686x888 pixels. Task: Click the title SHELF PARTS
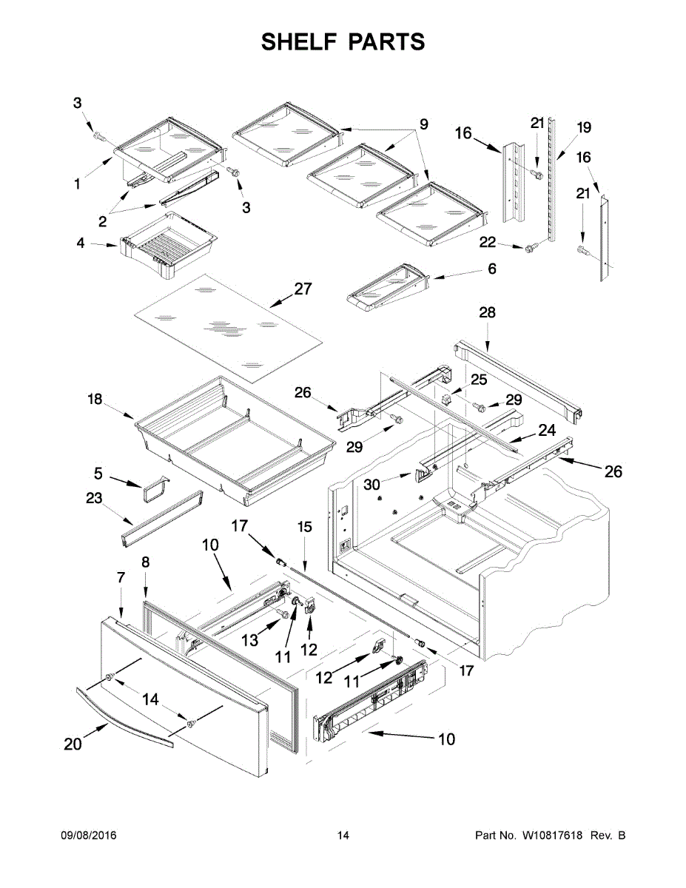click(343, 42)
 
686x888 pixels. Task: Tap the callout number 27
click(303, 289)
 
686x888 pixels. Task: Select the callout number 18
click(95, 400)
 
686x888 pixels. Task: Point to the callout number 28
click(487, 313)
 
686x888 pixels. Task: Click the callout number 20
click(73, 745)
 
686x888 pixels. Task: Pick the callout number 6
click(492, 269)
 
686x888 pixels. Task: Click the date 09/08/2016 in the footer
click(88, 835)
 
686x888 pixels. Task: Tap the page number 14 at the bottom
click(343, 835)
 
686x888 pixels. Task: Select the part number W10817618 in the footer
click(550, 835)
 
